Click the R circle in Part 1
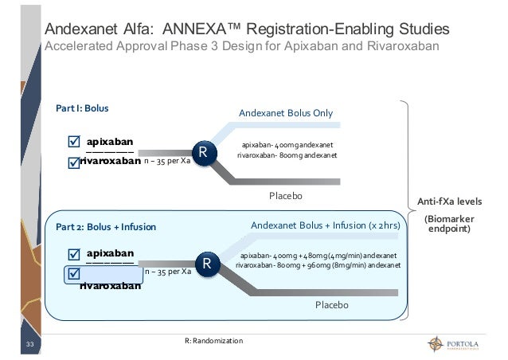coord(204,151)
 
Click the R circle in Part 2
coord(207,264)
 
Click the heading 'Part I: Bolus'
coord(81,107)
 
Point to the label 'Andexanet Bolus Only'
coord(286,112)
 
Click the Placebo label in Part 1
coord(287,195)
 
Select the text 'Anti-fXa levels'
coord(450,201)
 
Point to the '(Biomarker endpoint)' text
coord(450,224)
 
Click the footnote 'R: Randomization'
coord(213,341)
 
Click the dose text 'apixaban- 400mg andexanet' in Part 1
coord(287,144)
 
